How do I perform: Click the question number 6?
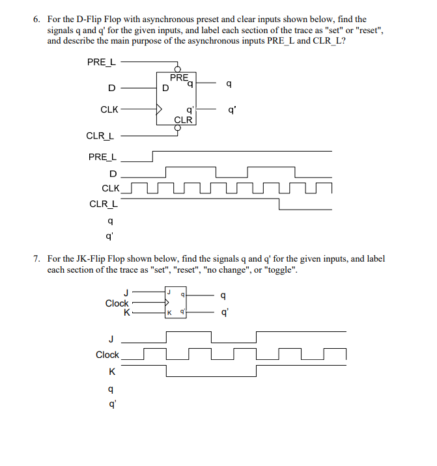coord(36,20)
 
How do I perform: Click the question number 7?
coord(36,259)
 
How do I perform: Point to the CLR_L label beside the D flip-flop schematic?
coord(100,136)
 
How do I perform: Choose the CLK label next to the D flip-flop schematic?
coord(109,109)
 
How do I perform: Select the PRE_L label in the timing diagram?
coord(103,157)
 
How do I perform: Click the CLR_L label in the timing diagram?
coord(104,204)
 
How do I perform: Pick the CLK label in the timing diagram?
coord(111,188)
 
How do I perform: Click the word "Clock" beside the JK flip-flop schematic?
coord(117,303)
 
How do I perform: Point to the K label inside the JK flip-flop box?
coord(169,312)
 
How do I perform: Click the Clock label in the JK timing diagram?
coord(107,355)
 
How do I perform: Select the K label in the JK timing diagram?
coord(113,372)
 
